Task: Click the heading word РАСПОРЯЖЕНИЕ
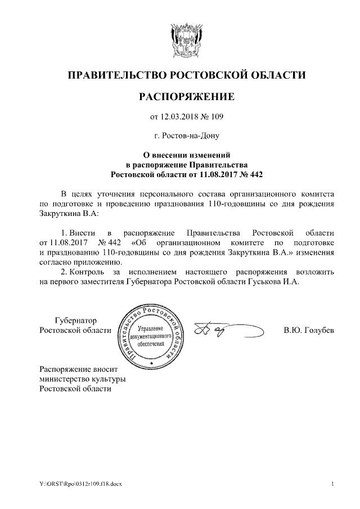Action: click(186, 97)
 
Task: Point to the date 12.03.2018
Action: click(179, 118)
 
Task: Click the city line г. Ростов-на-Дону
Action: click(186, 136)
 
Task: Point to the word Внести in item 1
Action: click(82, 233)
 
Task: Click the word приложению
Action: click(96, 262)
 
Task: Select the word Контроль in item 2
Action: click(87, 272)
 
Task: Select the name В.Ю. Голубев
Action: click(309, 330)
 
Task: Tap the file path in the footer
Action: click(75, 484)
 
